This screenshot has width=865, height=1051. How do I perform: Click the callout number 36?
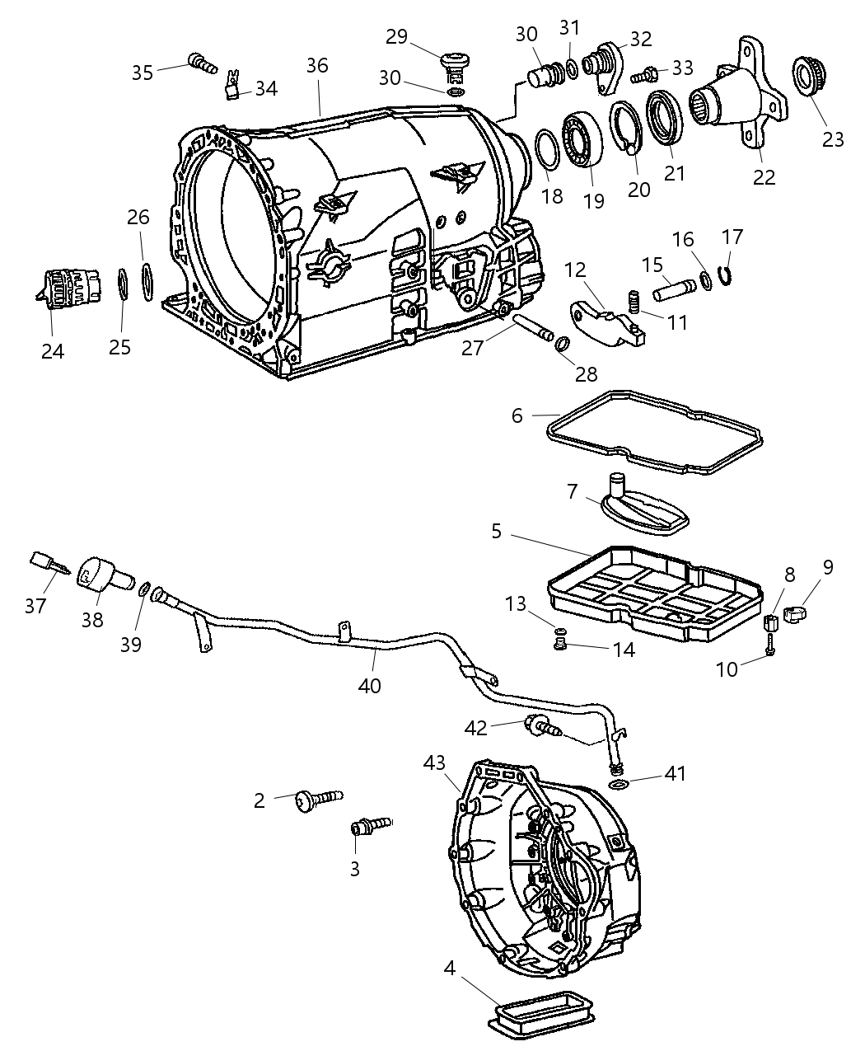pyautogui.click(x=317, y=66)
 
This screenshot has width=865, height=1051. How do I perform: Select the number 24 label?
pyautogui.click(x=53, y=350)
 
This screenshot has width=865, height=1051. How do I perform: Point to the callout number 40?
pyautogui.click(x=370, y=684)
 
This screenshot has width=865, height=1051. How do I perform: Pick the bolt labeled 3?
pyautogui.click(x=370, y=824)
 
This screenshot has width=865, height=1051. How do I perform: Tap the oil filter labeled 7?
pyautogui.click(x=639, y=504)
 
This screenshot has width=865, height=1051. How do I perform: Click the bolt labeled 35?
pyautogui.click(x=200, y=61)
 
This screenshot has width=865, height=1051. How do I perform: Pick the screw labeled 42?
pyautogui.click(x=541, y=726)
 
